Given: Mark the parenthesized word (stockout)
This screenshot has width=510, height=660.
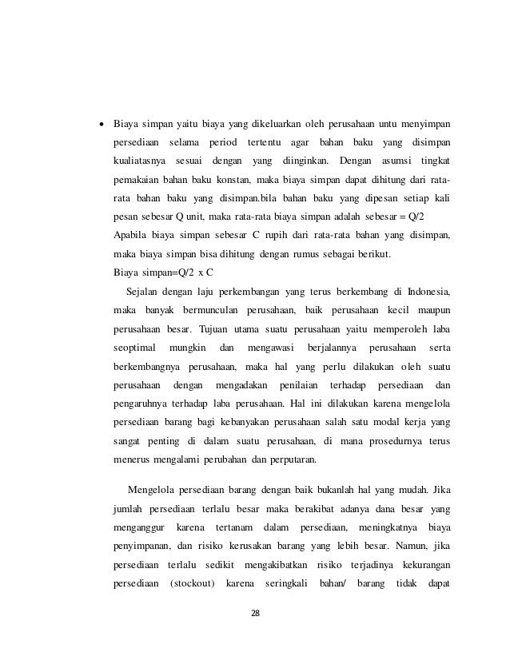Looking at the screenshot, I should [193, 594].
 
